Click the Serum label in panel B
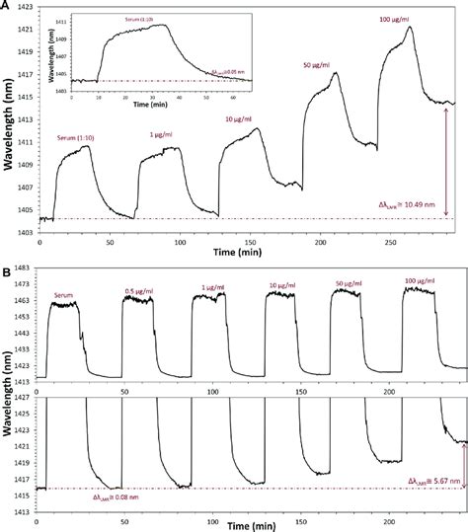(x=65, y=292)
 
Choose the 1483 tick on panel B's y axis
(x=24, y=268)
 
